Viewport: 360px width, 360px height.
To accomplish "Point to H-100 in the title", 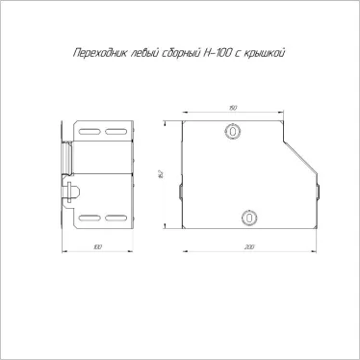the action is click(217, 53).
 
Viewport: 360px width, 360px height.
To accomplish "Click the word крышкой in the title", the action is click(265, 53).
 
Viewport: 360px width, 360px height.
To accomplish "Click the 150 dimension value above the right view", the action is click(233, 108).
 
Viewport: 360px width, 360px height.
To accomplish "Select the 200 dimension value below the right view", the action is click(249, 247).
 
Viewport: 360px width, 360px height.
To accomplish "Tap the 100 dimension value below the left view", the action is click(97, 247).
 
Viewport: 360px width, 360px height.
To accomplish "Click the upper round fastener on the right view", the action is click(233, 131).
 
